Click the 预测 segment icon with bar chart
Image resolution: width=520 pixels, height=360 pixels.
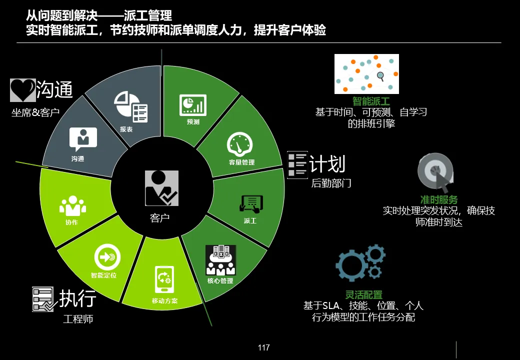coord(193,105)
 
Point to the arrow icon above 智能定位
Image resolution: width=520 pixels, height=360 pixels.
coord(106,257)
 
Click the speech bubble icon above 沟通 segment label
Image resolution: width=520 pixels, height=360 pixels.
coord(83,139)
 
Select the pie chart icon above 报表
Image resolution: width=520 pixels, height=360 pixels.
coord(131,106)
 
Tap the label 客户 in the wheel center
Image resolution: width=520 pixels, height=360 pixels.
coord(160,217)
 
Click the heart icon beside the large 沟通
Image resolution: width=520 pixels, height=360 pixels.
coord(22,90)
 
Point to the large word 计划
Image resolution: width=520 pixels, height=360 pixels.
coord(327,163)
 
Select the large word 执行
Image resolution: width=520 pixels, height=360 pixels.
coord(77,298)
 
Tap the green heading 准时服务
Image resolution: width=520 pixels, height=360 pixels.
coord(439,200)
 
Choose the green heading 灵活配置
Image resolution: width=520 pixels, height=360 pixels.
coord(363,295)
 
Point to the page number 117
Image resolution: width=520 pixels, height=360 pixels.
coord(264,347)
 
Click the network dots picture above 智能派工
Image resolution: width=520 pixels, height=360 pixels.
coord(366,74)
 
